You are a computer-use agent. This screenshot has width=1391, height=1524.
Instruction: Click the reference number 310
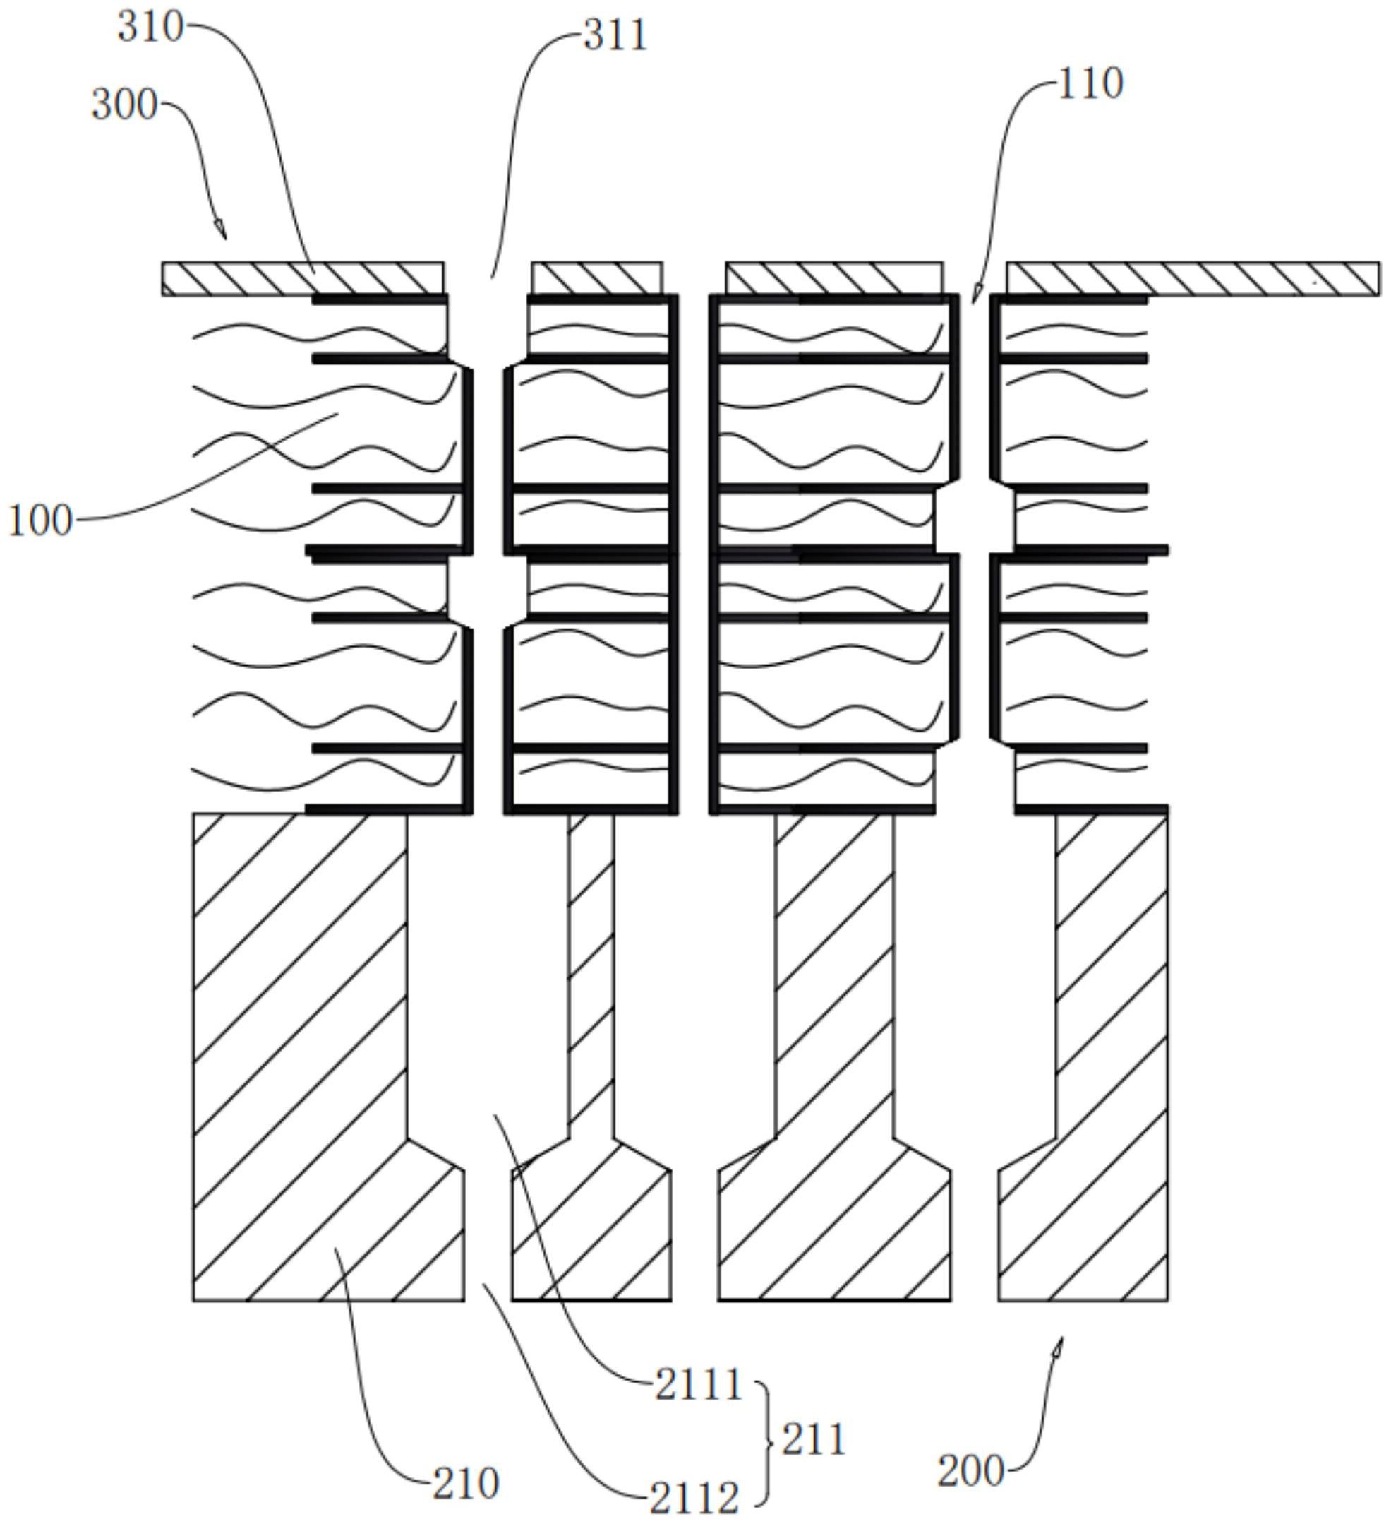150,28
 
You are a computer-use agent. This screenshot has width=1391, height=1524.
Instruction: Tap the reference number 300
125,105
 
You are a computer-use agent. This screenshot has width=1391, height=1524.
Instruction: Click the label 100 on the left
40,521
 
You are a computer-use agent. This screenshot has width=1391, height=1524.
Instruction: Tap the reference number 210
465,1484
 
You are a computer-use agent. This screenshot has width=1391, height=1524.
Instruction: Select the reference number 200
971,1472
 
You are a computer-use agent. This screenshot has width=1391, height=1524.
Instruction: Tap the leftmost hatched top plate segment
302,278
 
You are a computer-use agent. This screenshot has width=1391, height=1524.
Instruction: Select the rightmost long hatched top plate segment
1192,278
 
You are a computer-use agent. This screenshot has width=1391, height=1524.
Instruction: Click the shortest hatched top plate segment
597,278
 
